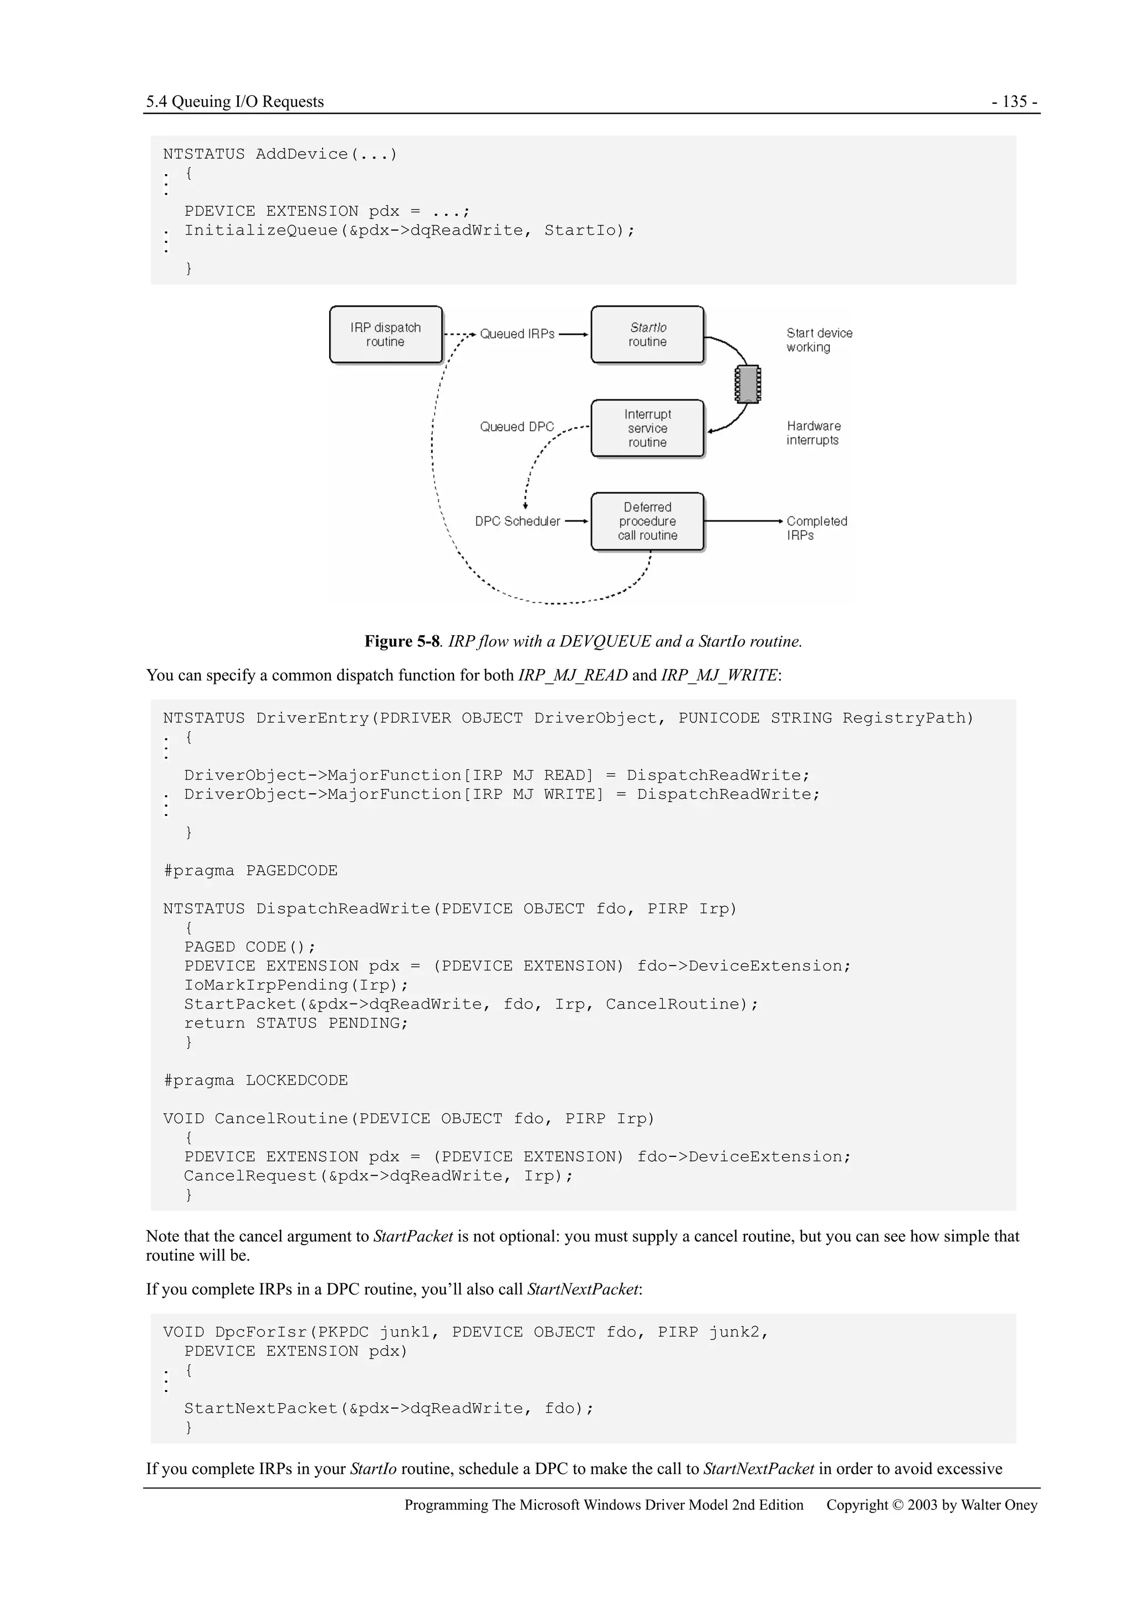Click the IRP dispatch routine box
(x=385, y=334)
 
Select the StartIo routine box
(x=647, y=334)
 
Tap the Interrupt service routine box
(x=647, y=428)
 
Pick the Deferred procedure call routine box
(x=647, y=521)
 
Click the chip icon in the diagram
(x=747, y=384)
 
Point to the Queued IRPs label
(x=517, y=334)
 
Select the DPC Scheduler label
(x=517, y=521)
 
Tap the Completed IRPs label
(x=816, y=528)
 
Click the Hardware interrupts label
(x=814, y=433)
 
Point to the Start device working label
(x=819, y=340)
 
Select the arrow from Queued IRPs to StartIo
(x=574, y=334)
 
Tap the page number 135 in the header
(x=1014, y=102)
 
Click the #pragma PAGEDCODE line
(x=250, y=871)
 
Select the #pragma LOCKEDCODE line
(x=255, y=1080)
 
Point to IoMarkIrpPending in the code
(x=266, y=986)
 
